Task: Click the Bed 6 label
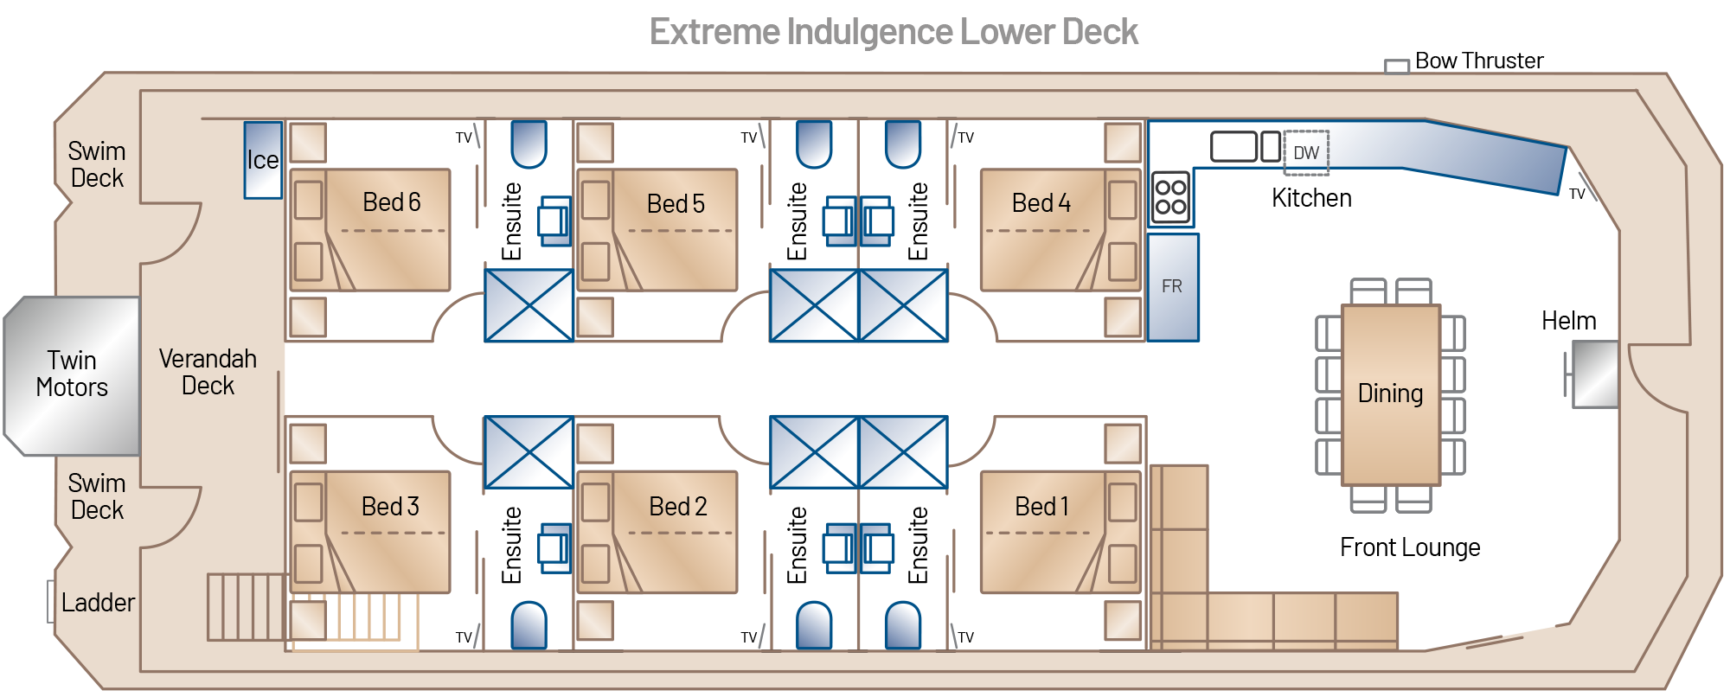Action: pos(391,202)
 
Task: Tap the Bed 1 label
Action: pos(1041,506)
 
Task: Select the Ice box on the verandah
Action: pos(263,160)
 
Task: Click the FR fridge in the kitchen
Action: pos(1172,287)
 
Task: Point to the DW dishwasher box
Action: pos(1305,153)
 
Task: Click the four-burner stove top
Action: pos(1170,197)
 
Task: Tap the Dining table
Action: pos(1390,393)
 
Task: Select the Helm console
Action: pos(1593,374)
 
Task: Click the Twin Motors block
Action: pos(73,374)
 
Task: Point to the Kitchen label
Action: pos(1311,198)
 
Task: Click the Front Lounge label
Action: pos(1410,547)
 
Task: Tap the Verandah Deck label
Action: pos(208,372)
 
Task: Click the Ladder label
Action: pos(98,603)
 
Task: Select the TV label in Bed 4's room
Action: pos(965,137)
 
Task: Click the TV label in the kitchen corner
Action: pos(1577,195)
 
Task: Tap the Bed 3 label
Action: pos(390,506)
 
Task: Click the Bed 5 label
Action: pos(676,204)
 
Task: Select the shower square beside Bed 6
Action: pos(528,305)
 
